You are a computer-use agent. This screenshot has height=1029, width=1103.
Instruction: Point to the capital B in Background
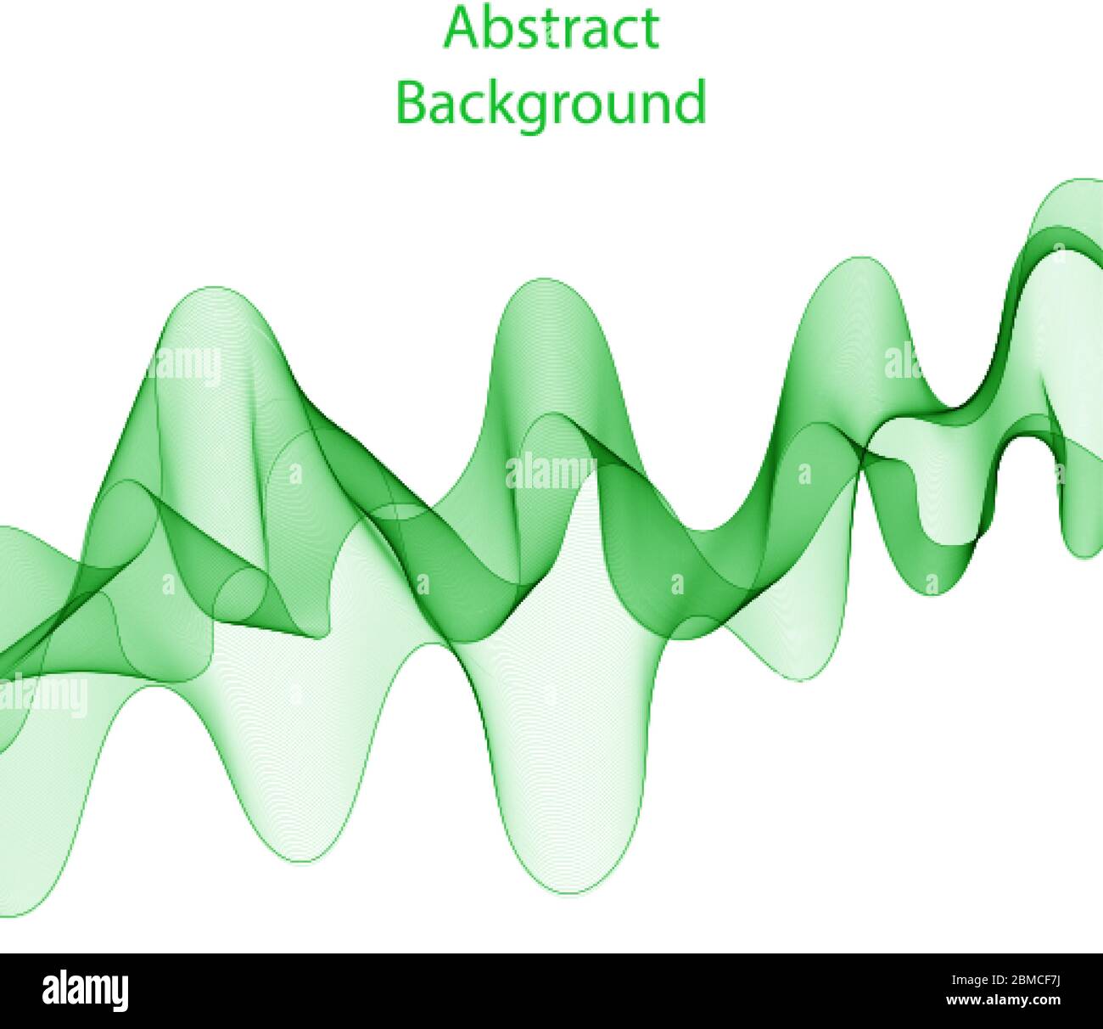coord(413,101)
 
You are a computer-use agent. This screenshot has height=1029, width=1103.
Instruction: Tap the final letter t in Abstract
coord(650,31)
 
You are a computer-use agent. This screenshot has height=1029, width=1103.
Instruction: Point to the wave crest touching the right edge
coord(1082,181)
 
